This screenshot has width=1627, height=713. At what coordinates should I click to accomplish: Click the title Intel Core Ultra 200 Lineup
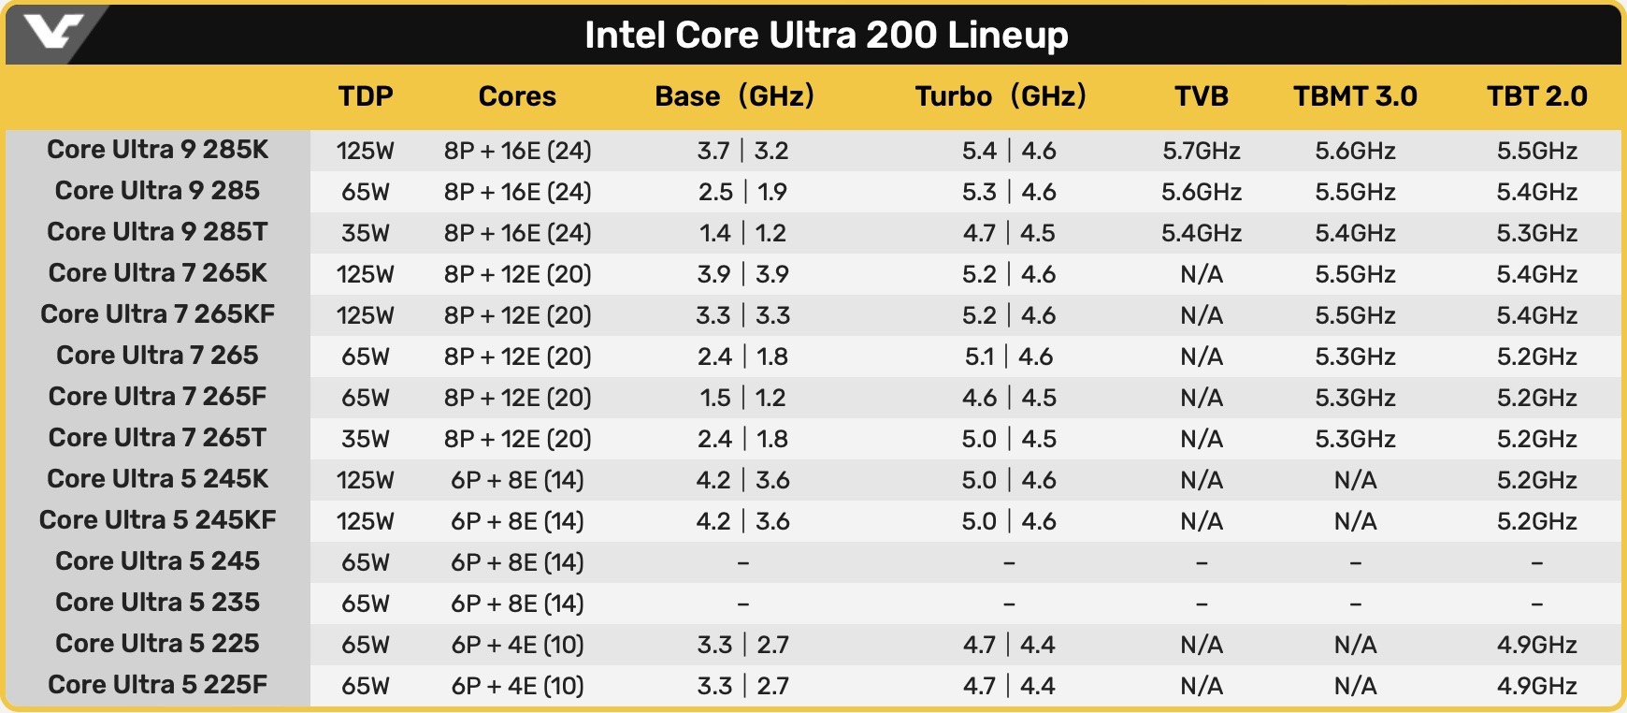pos(826,36)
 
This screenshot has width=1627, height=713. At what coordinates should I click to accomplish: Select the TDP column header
pos(366,96)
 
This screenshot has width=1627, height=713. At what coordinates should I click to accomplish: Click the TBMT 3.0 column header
pos(1355,96)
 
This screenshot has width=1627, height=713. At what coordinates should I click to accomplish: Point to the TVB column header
pos(1202,96)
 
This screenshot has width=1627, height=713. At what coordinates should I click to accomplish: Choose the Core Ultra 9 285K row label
pos(158,150)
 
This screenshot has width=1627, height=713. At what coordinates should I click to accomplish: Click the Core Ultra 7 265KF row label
pos(158,314)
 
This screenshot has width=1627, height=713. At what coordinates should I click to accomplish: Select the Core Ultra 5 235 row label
pos(158,603)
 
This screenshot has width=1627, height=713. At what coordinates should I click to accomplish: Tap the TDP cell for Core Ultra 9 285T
pos(366,233)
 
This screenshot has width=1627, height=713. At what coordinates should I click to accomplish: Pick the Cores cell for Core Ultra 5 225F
pos(517,686)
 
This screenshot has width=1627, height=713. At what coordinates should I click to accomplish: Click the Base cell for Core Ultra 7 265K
pos(742,274)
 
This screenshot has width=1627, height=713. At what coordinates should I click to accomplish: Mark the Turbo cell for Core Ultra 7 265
pos(1009,356)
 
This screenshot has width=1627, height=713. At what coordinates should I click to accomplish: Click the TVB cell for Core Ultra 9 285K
pos(1202,151)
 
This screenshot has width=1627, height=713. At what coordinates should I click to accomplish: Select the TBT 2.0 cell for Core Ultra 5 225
pos(1536,645)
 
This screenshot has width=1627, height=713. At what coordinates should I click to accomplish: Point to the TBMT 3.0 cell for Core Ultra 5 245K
pos(1355,480)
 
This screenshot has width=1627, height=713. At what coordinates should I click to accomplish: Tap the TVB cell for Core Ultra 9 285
pos(1202,192)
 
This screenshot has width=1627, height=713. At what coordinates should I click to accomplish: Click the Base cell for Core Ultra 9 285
pos(742,192)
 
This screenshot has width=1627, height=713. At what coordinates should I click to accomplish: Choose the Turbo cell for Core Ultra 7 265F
pos(1009,398)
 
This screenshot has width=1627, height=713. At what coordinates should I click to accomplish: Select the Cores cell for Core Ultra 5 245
pos(517,562)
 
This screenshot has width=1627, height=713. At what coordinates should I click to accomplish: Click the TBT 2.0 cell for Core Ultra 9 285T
pos(1536,233)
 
